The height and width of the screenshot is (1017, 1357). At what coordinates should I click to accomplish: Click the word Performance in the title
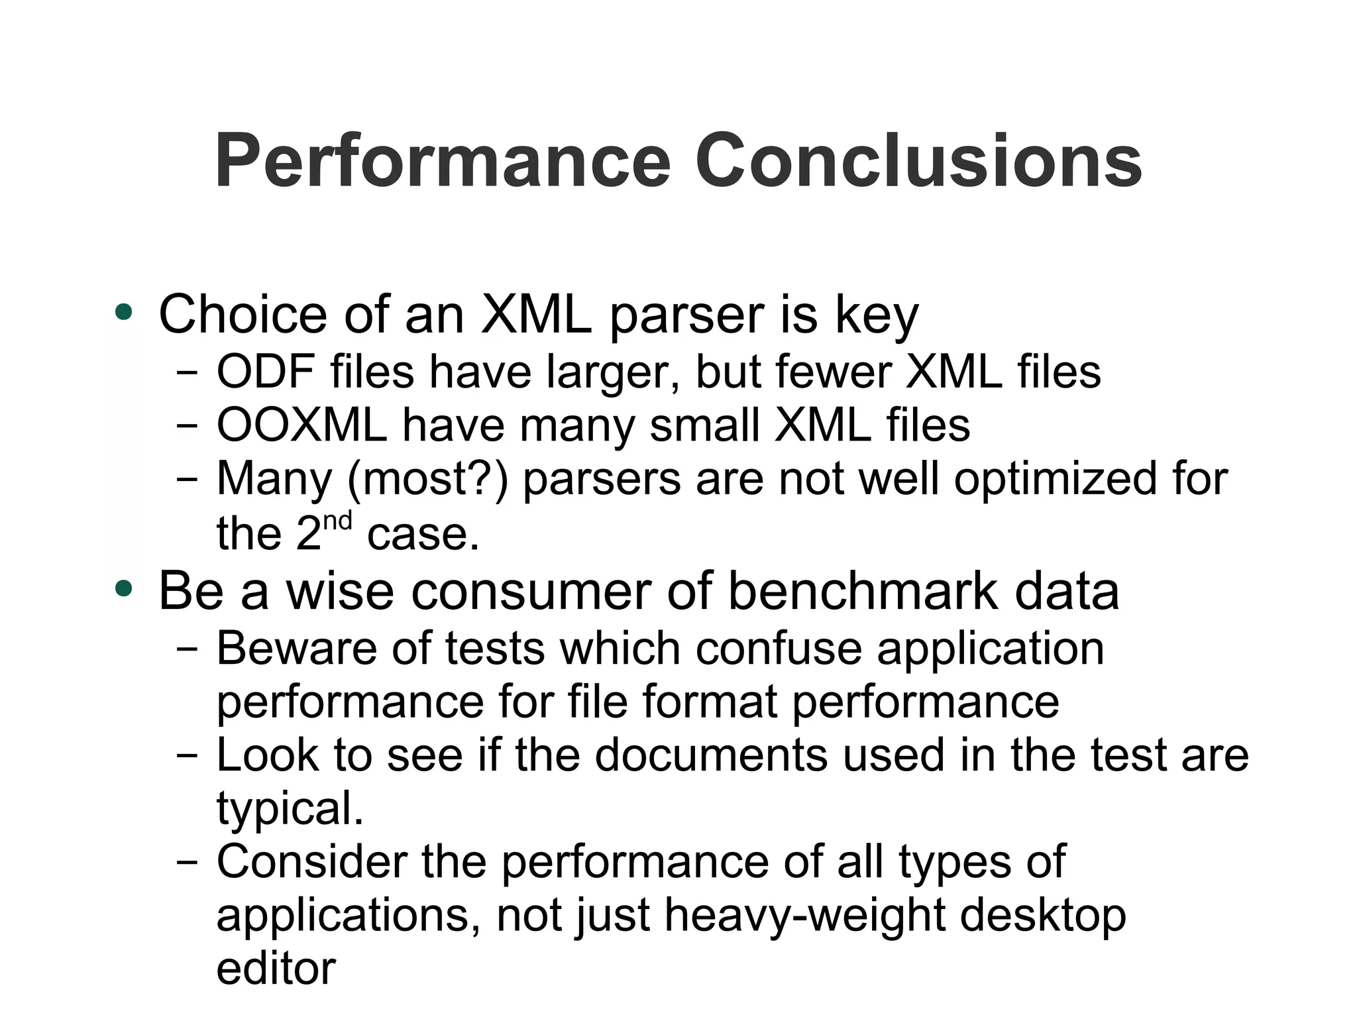pos(443,161)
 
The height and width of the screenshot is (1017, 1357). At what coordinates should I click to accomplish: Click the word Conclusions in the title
pos(918,161)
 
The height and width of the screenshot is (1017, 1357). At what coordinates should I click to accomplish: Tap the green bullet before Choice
pos(124,312)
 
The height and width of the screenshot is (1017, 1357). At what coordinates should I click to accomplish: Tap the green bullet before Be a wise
pos(124,588)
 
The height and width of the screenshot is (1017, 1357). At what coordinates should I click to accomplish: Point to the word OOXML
pos(301,425)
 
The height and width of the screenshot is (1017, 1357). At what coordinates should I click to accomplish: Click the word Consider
pos(311,861)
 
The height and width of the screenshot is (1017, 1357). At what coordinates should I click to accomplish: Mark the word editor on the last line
pos(276,969)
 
